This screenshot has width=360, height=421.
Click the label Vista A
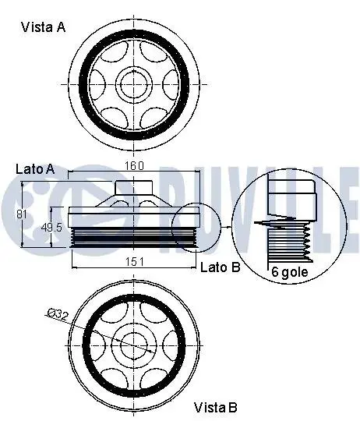click(x=43, y=27)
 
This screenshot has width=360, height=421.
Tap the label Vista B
click(x=215, y=407)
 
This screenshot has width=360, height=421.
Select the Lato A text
click(x=35, y=169)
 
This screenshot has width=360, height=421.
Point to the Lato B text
click(x=221, y=267)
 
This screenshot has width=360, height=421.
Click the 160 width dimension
click(x=135, y=165)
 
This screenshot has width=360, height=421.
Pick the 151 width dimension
click(x=135, y=262)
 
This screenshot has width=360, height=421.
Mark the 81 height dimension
click(x=22, y=214)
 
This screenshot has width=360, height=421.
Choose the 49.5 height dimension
click(x=51, y=228)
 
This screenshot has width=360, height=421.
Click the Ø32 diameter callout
click(x=58, y=314)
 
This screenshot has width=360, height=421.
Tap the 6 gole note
click(x=290, y=272)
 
